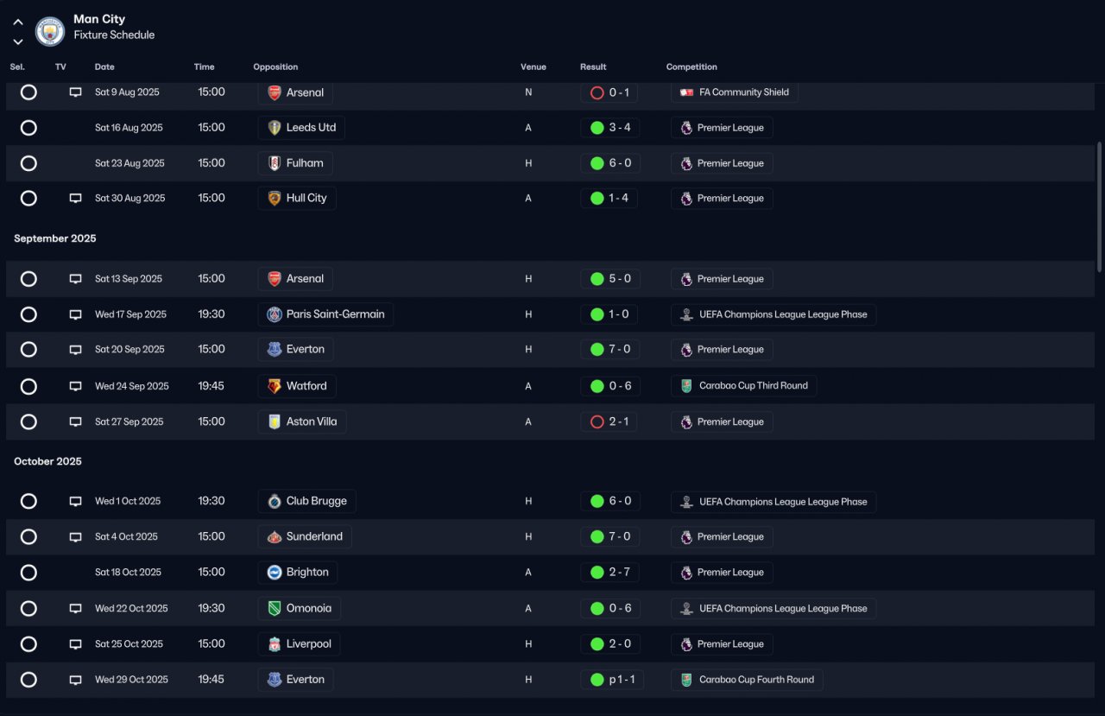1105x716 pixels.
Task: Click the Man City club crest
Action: pyautogui.click(x=50, y=31)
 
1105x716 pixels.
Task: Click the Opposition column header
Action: pyautogui.click(x=275, y=67)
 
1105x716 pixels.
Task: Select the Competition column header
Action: pyautogui.click(x=691, y=67)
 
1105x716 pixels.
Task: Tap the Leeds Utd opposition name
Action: pyautogui.click(x=311, y=127)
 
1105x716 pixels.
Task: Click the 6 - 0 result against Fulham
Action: pyautogui.click(x=620, y=163)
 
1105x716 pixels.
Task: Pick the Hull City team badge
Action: pyautogui.click(x=275, y=199)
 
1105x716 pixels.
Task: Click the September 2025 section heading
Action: pyautogui.click(x=54, y=238)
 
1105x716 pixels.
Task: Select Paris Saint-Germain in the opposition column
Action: pyautogui.click(x=335, y=314)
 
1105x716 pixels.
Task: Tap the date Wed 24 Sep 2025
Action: pyautogui.click(x=132, y=386)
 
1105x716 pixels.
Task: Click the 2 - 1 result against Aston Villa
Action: pyautogui.click(x=619, y=421)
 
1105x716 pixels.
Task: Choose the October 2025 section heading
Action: pyautogui.click(x=47, y=461)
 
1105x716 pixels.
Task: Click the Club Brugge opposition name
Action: pyautogui.click(x=316, y=501)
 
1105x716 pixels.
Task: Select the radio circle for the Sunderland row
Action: pyautogui.click(x=28, y=536)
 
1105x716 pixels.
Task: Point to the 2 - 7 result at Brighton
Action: pyautogui.click(x=619, y=572)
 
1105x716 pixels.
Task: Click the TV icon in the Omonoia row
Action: pyautogui.click(x=75, y=608)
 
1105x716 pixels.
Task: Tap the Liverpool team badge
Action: pyautogui.click(x=275, y=644)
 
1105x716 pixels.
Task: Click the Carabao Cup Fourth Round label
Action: pyautogui.click(x=756, y=680)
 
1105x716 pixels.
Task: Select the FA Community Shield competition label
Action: pyautogui.click(x=744, y=92)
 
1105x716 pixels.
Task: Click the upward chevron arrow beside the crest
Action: pyautogui.click(x=18, y=22)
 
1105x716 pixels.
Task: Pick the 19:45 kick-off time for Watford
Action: pyautogui.click(x=212, y=386)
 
